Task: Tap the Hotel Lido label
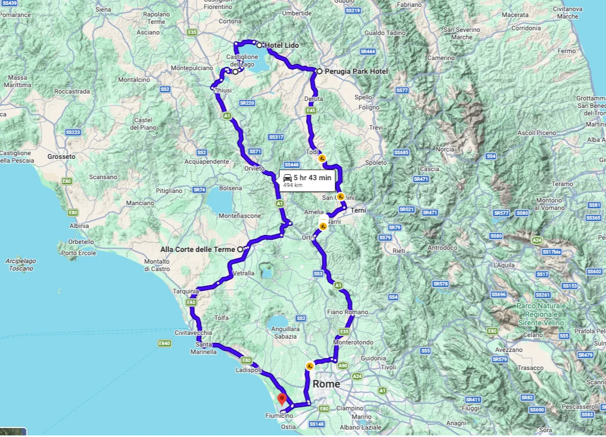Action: click(x=281, y=45)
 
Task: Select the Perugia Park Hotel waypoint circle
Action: click(x=319, y=71)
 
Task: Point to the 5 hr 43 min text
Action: click(x=312, y=178)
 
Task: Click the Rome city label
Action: click(x=326, y=384)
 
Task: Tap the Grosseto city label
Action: click(x=61, y=157)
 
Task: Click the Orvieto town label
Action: click(x=254, y=169)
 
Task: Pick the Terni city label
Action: click(x=359, y=211)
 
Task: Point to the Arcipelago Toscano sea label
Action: click(x=21, y=265)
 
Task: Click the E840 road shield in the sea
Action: click(x=165, y=343)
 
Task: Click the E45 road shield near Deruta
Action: click(x=311, y=111)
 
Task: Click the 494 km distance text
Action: click(x=293, y=185)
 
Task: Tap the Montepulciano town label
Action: click(x=192, y=68)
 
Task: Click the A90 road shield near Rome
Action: click(x=343, y=365)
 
